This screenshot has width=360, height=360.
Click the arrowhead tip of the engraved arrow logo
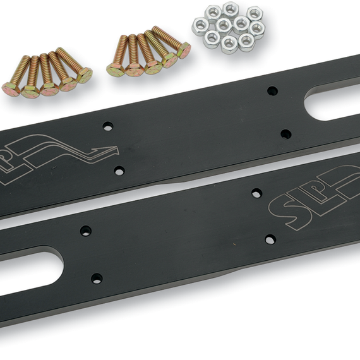click(x=119, y=152)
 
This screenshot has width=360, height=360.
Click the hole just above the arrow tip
click(x=108, y=126)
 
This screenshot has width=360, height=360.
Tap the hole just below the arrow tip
click(x=119, y=171)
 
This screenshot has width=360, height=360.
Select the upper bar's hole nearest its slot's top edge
click(x=272, y=91)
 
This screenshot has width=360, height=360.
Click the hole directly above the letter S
click(x=256, y=193)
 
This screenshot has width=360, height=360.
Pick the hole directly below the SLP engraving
click(x=270, y=239)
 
